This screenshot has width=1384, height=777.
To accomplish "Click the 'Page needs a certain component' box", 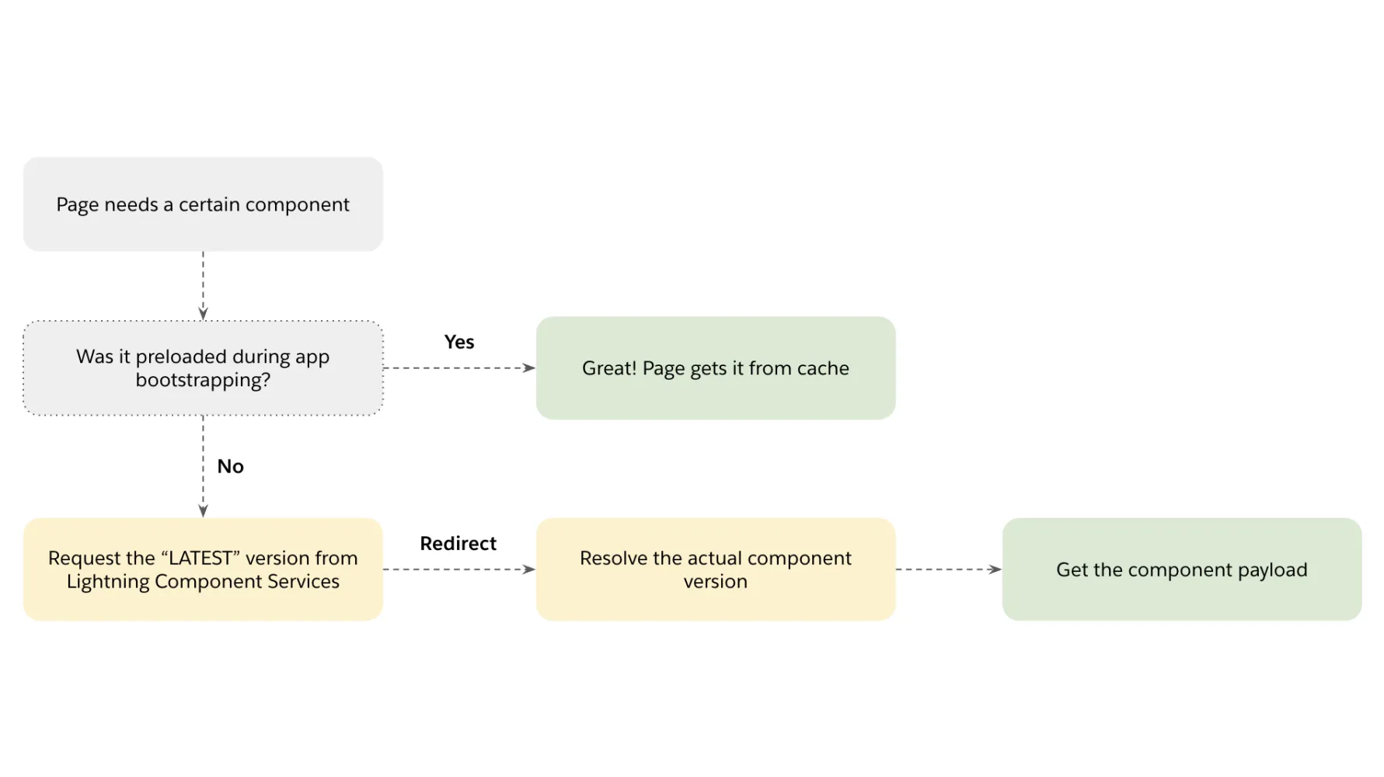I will coord(203,204).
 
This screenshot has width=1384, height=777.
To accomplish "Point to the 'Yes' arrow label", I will coord(458,342).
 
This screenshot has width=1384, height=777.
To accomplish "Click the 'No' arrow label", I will coord(230,466).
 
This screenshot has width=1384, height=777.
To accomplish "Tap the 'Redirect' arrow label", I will coord(458,543).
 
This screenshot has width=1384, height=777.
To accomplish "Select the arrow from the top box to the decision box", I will coord(203,285).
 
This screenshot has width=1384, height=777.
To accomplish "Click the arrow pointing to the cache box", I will coord(458,368).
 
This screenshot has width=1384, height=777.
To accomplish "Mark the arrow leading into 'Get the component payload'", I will coord(948,570).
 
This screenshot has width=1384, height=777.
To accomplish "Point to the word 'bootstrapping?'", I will coord(203,380).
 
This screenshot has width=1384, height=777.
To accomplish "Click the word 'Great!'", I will coord(609,368).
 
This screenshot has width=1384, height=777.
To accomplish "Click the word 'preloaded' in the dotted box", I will coord(181,357).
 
